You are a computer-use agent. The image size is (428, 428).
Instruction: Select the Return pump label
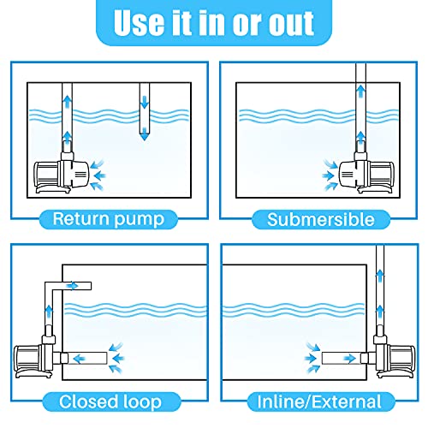(x=105, y=218)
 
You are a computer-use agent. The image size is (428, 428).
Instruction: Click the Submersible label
(x=320, y=219)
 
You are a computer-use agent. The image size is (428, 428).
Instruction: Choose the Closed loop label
(x=105, y=401)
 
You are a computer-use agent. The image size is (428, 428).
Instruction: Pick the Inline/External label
(x=320, y=401)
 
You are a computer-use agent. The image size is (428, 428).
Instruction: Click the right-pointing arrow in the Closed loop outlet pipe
(x=78, y=285)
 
